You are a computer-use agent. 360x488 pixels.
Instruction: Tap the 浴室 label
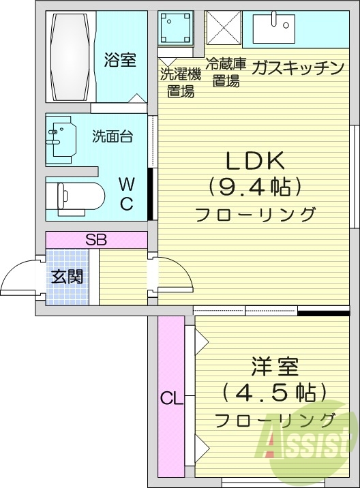[120, 60]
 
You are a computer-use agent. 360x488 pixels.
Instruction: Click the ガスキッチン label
[297, 67]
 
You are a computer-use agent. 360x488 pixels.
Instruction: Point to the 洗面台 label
[112, 135]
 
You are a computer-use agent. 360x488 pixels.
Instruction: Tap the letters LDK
[254, 160]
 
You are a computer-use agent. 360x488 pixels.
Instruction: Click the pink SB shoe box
[96, 240]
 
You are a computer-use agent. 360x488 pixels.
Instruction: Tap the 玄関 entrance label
[67, 277]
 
